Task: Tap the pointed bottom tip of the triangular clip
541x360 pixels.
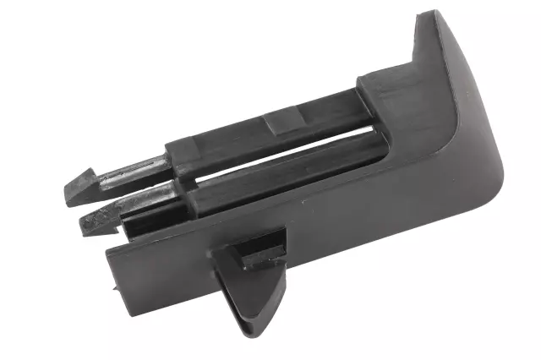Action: click(246, 335)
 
